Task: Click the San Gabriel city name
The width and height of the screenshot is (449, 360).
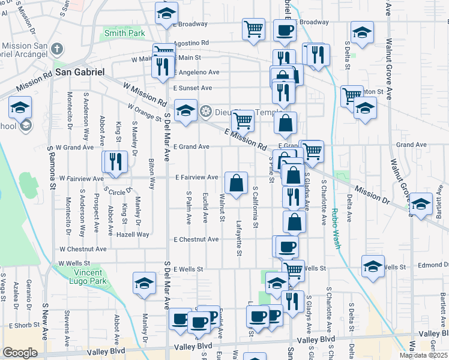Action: click(80, 71)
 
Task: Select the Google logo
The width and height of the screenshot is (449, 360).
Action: click(20, 353)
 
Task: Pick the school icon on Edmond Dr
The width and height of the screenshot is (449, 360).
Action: click(373, 266)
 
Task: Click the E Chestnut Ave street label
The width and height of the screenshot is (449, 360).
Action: click(196, 239)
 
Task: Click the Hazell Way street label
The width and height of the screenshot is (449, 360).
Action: click(133, 234)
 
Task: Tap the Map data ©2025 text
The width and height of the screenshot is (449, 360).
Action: click(424, 355)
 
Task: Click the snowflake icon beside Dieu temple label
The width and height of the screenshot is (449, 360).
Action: click(206, 111)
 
